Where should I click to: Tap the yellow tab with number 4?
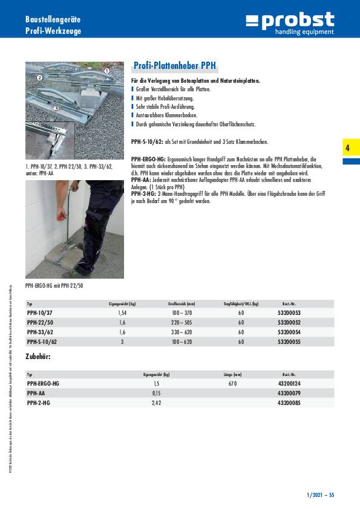[351, 147]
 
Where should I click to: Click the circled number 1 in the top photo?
[106, 71]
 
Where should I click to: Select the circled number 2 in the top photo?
[39, 77]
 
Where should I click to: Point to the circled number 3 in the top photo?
[56, 108]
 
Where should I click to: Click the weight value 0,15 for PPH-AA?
[156, 394]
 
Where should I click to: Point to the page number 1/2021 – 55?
[320, 495]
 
